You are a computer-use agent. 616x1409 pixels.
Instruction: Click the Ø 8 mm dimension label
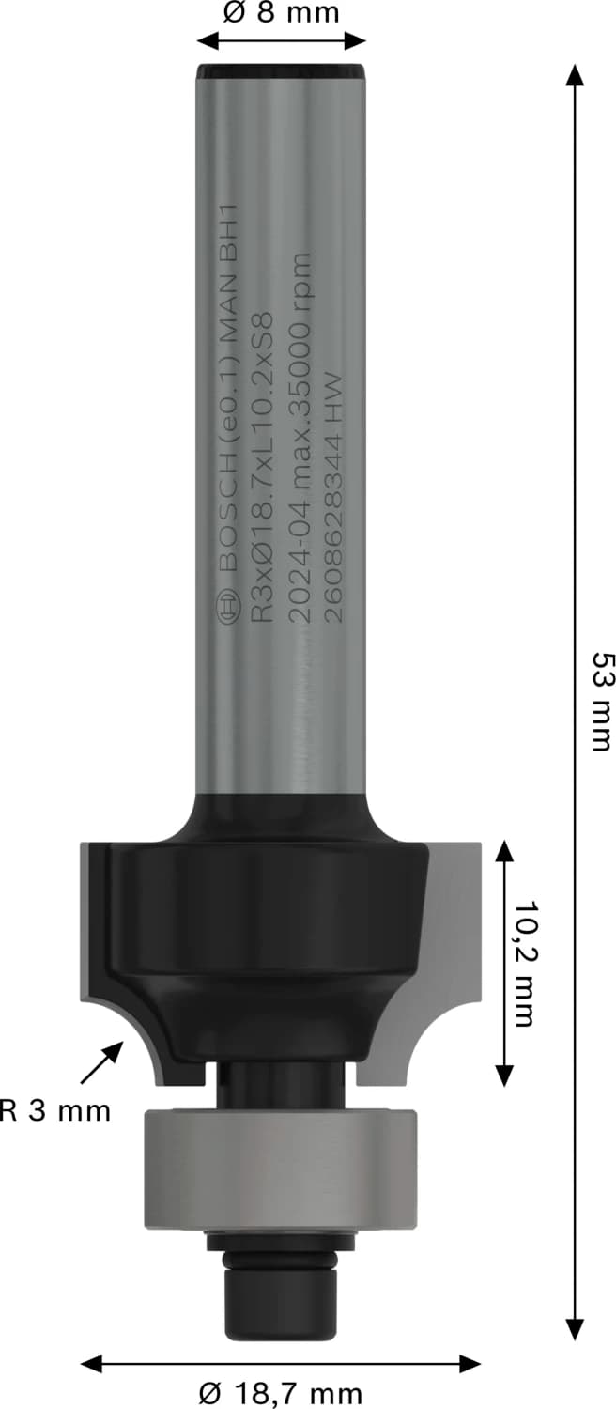tap(281, 13)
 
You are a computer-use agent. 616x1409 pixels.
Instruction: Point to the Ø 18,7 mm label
tap(281, 1392)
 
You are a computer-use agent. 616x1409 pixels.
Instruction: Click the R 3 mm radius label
tap(55, 1112)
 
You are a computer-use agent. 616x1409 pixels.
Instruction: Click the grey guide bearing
tap(281, 1170)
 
